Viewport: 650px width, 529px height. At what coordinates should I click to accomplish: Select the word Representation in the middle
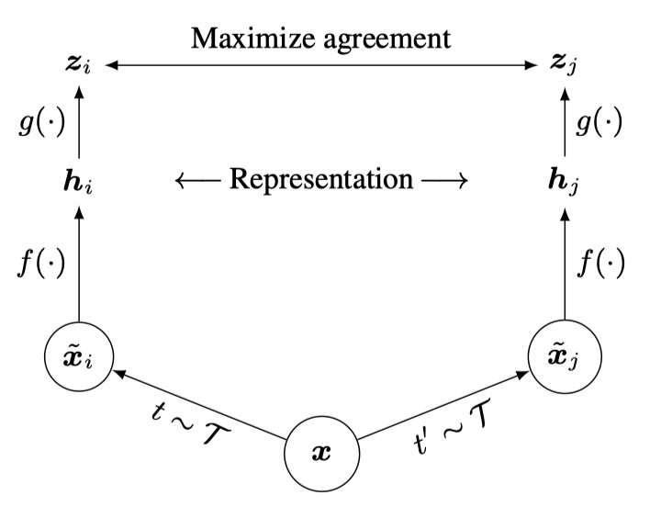[321, 178]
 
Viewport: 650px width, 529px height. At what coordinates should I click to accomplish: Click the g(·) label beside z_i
[39, 122]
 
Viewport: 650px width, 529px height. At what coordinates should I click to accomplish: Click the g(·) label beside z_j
[601, 122]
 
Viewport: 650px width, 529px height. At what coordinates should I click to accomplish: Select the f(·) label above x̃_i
[39, 264]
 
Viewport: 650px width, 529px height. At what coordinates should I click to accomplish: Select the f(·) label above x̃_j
[601, 264]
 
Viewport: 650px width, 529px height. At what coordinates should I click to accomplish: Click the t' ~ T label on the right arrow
[450, 432]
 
